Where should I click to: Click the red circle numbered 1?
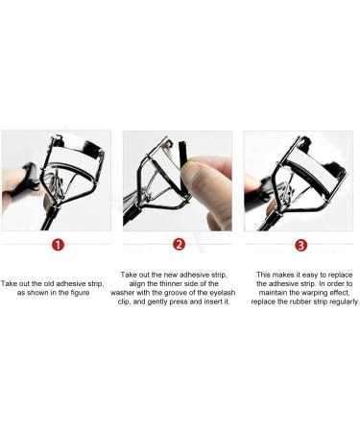58,245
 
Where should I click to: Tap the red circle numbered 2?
179,245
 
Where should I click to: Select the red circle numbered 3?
300,245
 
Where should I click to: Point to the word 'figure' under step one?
88,294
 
